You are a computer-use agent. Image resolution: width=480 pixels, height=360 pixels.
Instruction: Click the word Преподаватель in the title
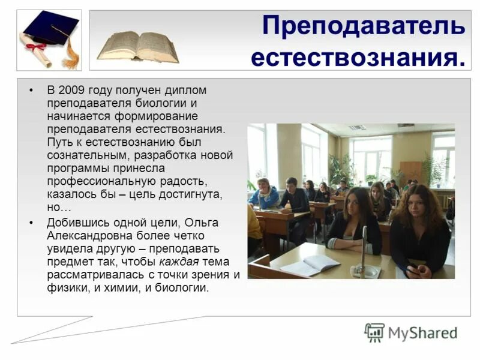pos(363,27)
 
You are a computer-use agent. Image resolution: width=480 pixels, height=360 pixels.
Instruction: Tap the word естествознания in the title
pos(358,58)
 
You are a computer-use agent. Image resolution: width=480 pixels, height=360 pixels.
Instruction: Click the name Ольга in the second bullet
pos(203,222)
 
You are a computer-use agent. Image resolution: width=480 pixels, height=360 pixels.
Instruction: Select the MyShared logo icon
pos(374,332)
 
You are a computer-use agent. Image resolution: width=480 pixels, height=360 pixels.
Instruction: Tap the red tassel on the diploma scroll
pos(37,47)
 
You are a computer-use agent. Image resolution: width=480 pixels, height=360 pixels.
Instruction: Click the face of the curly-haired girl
pos(418,208)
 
